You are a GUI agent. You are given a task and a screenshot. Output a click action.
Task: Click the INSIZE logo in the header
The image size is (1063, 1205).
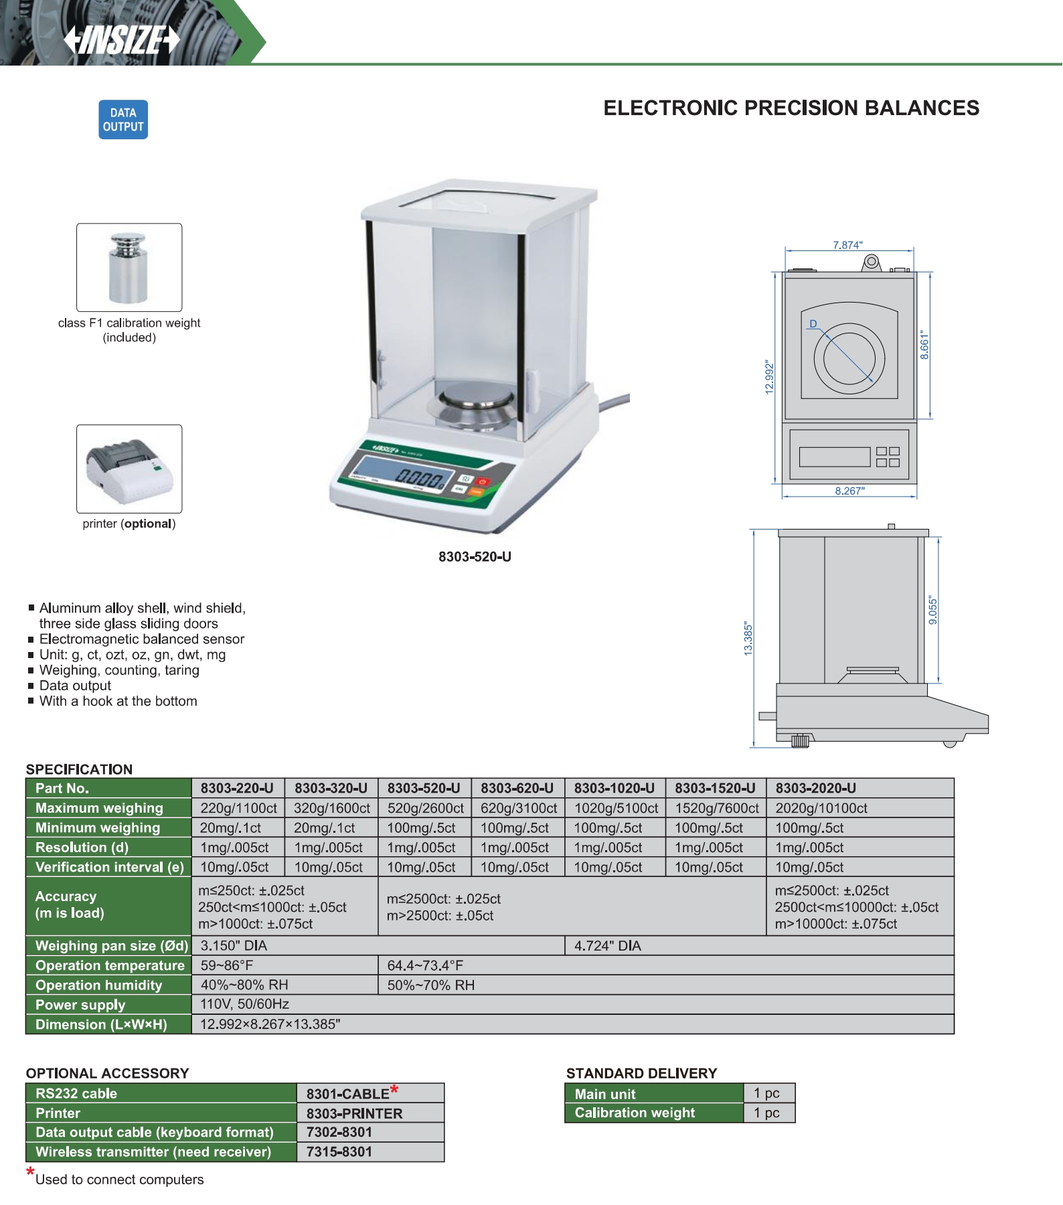[122, 40]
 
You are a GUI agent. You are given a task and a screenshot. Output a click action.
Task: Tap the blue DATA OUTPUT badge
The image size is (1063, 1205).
[123, 120]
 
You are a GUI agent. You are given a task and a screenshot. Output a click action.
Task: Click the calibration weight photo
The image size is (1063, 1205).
[129, 268]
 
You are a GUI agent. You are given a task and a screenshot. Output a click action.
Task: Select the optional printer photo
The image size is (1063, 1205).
[129, 469]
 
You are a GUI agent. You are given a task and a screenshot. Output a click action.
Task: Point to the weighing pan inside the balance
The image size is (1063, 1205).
[477, 396]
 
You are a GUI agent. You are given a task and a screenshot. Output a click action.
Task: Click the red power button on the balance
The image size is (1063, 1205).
[483, 481]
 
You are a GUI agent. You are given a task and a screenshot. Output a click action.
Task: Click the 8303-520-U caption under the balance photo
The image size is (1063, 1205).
[475, 557]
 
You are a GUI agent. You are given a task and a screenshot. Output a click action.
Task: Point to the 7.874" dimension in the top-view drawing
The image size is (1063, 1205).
[847, 245]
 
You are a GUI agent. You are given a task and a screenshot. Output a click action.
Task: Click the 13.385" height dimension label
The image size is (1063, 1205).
[748, 639]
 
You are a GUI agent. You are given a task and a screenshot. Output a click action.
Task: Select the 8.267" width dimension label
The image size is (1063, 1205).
[849, 491]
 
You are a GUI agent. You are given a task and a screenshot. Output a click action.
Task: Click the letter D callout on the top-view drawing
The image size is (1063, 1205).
[813, 324]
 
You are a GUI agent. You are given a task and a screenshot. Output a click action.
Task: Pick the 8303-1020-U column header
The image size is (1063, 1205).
[614, 789]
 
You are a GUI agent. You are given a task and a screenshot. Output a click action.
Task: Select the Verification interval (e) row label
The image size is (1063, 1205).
[109, 868]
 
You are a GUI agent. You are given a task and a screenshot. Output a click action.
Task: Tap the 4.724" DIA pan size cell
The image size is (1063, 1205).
[608, 946]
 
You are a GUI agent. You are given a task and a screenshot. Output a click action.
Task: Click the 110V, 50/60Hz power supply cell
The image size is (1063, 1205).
[245, 1004]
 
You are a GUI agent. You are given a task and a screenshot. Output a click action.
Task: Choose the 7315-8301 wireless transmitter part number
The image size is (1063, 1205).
[339, 1152]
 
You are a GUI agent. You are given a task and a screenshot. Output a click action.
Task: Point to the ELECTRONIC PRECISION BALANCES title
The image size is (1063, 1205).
[791, 108]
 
